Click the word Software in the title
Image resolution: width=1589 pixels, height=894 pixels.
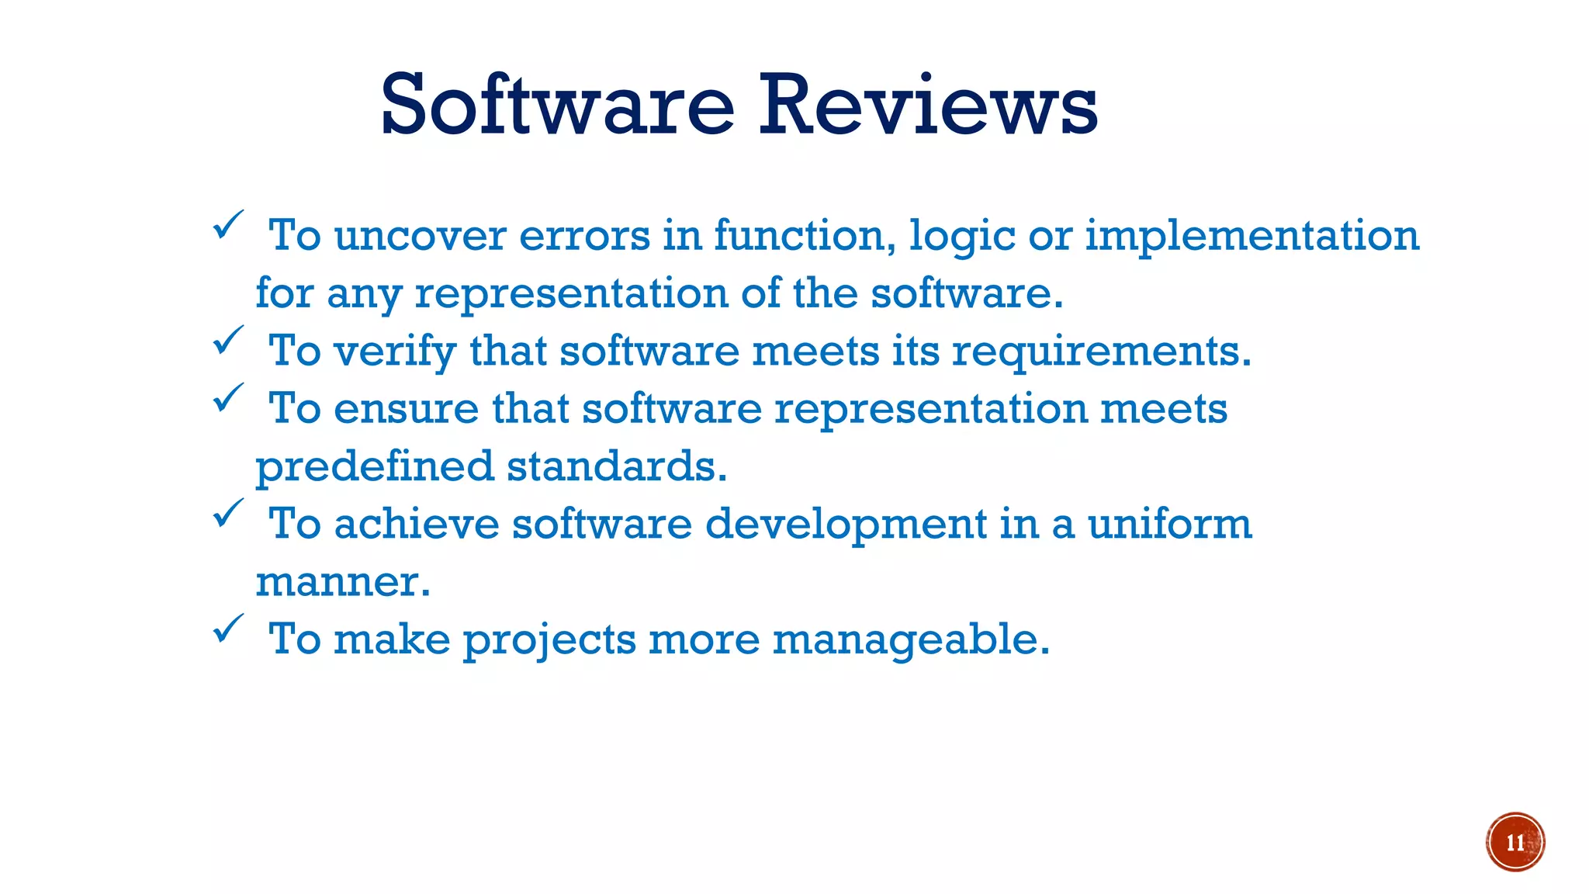557,105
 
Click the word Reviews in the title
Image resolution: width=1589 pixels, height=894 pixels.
927,105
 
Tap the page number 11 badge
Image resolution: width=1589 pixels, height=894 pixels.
1515,842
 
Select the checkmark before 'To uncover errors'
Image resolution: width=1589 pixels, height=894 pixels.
228,225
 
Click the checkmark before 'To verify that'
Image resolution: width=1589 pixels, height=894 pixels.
228,341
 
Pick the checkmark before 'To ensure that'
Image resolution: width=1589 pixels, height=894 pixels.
228,398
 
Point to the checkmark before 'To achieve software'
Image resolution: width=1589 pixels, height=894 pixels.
228,514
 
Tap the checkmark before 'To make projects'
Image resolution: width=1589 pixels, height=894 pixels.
228,629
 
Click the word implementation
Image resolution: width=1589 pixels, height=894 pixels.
1251,236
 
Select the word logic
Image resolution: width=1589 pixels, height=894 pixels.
961,236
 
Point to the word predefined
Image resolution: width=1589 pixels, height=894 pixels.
375,467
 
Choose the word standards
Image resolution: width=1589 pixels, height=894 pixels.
617,467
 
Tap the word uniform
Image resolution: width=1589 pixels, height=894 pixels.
1169,525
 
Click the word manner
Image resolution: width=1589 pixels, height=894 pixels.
342,582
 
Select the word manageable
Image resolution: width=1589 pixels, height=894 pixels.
910,640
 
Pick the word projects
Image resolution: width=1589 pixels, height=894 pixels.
549,640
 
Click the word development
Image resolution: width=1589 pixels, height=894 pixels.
846,525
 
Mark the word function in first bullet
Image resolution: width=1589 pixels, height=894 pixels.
805,236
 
